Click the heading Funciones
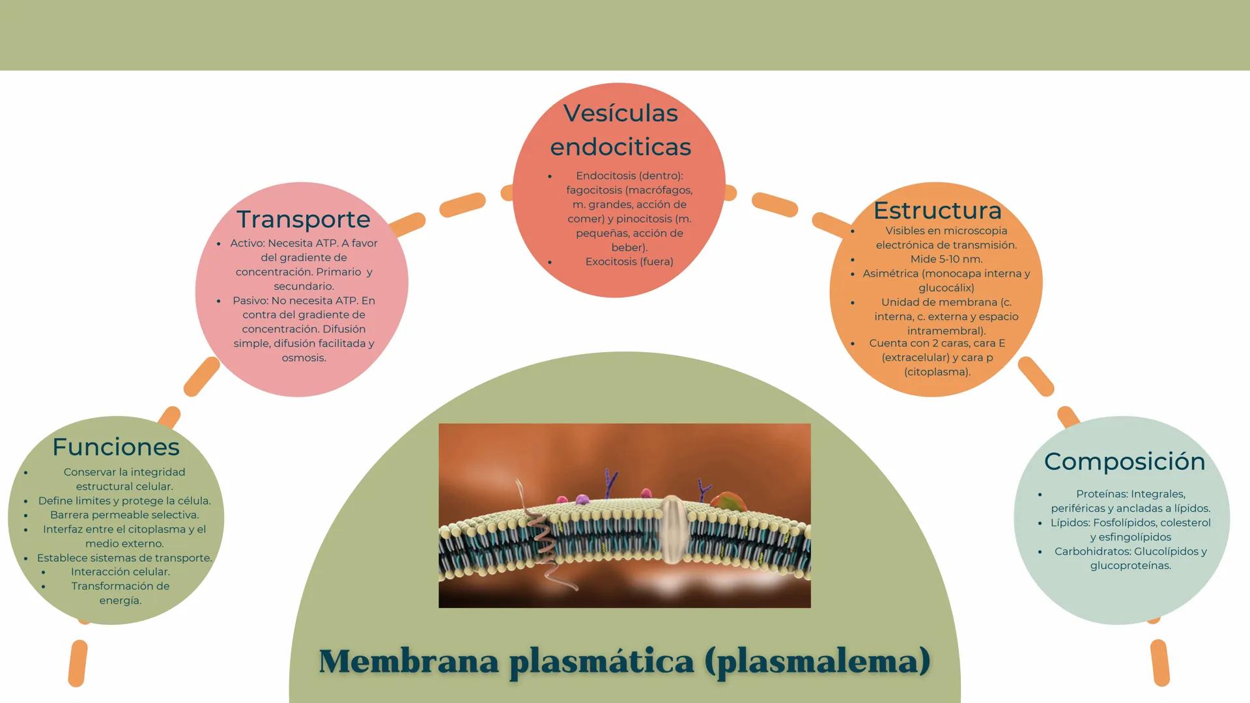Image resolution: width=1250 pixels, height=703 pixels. click(116, 447)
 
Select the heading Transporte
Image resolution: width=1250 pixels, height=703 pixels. click(303, 219)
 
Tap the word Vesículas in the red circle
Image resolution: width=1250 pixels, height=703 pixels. click(620, 113)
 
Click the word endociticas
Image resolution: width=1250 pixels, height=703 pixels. click(620, 147)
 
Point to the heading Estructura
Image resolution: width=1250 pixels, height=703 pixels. click(937, 210)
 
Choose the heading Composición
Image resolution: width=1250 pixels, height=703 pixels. click(1124, 462)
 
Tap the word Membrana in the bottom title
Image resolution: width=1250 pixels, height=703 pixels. click(408, 661)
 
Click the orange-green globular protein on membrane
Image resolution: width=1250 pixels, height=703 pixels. click(728, 502)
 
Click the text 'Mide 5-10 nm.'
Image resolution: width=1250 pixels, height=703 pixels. click(946, 259)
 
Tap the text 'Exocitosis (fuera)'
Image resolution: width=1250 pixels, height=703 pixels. click(629, 262)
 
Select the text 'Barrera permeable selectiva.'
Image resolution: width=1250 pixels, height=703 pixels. click(124, 515)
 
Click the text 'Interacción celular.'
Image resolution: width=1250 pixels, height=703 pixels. click(121, 572)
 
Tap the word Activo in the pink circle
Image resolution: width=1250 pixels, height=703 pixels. click(246, 243)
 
